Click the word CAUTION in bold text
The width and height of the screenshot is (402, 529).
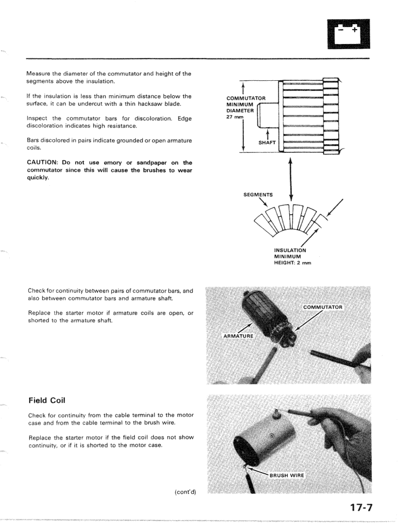pyautogui.click(x=43, y=162)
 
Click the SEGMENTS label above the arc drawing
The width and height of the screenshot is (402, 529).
pyautogui.click(x=258, y=195)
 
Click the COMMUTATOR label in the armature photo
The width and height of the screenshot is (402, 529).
pyautogui.click(x=323, y=307)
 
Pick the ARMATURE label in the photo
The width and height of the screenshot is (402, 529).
pyautogui.click(x=238, y=335)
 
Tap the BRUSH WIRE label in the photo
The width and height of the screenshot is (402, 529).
pyautogui.click(x=287, y=475)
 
